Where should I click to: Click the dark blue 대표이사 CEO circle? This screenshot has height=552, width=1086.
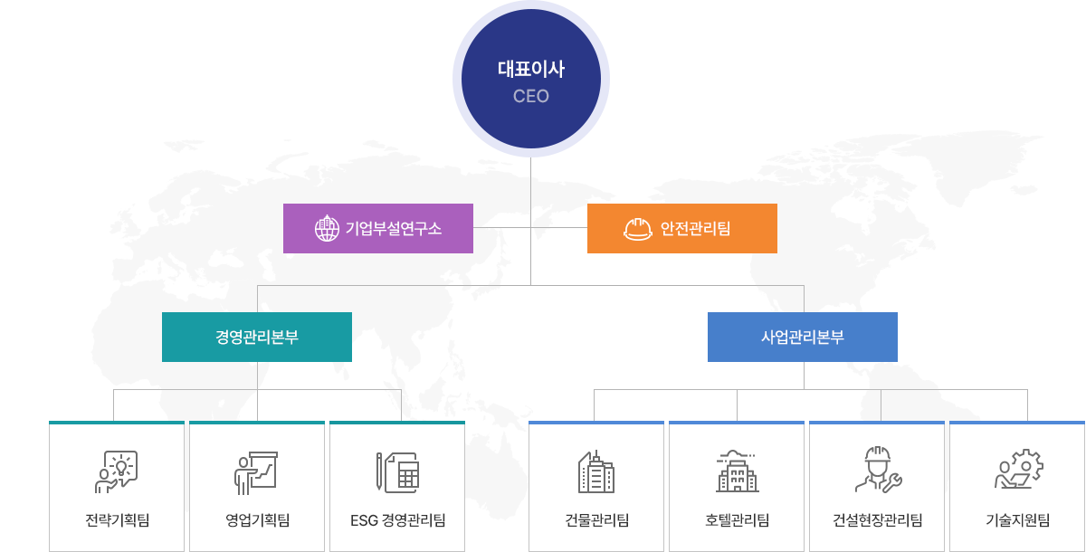point(531,80)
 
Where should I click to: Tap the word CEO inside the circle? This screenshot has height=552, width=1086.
point(531,96)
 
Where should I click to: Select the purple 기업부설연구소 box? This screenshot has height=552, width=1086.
point(378,228)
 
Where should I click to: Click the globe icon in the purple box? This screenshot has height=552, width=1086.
point(326,229)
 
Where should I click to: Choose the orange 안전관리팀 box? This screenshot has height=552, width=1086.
point(682,228)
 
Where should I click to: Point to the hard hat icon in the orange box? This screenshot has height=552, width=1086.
point(638,229)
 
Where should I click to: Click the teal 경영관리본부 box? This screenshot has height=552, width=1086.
point(257,338)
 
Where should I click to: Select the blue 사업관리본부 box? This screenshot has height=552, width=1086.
point(803,338)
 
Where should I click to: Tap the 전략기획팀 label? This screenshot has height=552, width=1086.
point(117,520)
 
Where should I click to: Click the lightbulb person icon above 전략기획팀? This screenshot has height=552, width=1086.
point(117,471)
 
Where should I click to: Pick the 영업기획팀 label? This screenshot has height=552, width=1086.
point(257,520)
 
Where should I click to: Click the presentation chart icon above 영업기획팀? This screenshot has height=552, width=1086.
point(256,471)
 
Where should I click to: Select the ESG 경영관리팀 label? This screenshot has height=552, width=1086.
point(397,520)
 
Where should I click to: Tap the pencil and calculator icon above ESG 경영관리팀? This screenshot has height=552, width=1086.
point(397,471)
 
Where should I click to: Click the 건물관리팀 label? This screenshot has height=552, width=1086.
point(596,520)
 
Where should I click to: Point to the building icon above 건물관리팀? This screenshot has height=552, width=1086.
point(596,471)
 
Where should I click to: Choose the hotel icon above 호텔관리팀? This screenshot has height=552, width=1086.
point(737,471)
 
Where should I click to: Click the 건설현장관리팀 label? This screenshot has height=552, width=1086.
point(877,520)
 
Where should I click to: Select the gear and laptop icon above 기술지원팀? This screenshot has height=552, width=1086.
point(1018,471)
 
